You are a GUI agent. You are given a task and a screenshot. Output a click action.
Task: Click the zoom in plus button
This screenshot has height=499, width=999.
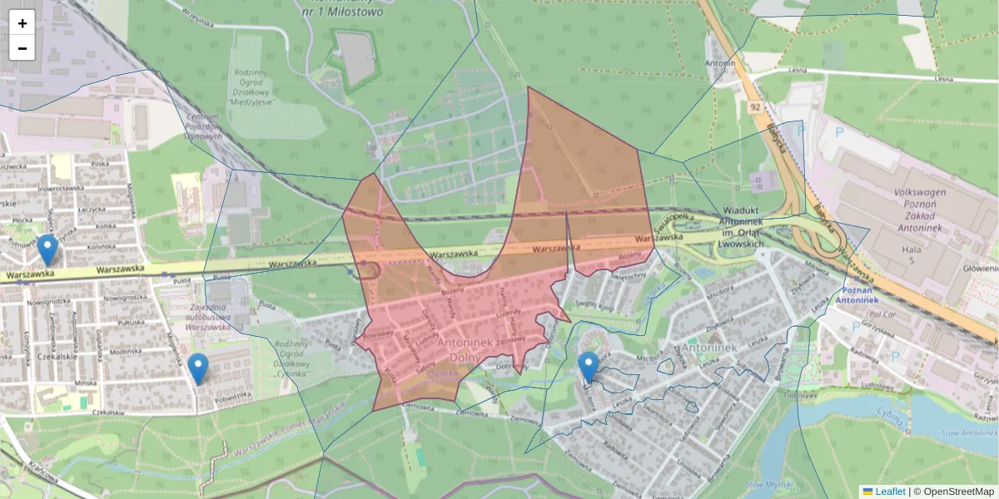[x=22, y=23]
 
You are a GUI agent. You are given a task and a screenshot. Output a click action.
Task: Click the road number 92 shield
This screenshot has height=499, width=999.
[x=754, y=108]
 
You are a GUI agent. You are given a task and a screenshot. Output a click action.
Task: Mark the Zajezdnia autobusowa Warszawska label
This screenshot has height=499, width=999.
[x=193, y=317]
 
